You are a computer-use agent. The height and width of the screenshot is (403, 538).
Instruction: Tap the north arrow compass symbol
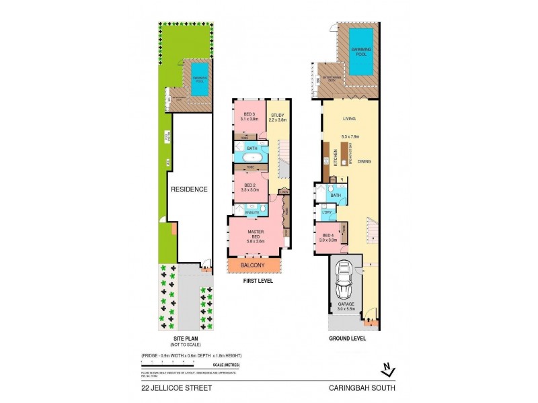385,367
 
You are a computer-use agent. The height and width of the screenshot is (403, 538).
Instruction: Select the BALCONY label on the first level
254,266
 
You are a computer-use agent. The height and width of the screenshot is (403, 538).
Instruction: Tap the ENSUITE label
252,212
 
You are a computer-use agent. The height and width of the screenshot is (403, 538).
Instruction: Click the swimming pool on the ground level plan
362,52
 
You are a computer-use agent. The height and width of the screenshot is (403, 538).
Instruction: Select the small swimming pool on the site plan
200,79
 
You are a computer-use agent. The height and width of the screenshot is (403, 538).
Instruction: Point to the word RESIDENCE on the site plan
188,189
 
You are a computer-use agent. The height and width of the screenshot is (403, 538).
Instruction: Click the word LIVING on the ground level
349,119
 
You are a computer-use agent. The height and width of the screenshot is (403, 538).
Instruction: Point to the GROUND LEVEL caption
347,339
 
